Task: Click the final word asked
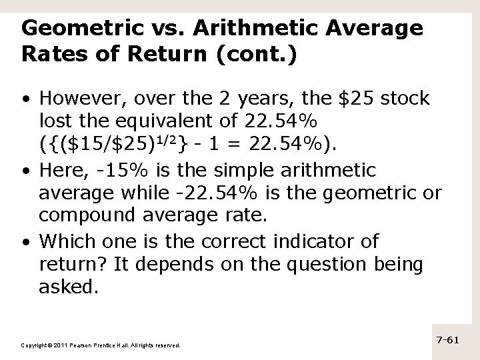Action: tap(68, 288)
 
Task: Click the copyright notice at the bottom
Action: tap(101, 345)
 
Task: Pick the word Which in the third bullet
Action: tap(67, 241)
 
